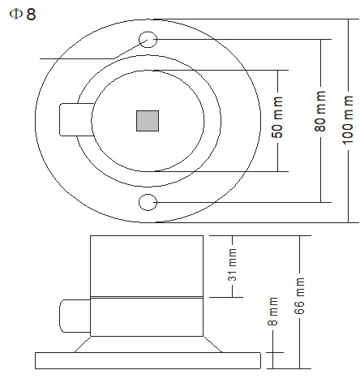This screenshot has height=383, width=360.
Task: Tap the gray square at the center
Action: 147,120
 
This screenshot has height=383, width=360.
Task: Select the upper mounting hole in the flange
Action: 148,39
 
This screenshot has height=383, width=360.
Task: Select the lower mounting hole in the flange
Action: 148,201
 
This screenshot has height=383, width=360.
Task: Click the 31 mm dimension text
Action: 233,265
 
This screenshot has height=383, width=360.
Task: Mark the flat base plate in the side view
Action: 146,359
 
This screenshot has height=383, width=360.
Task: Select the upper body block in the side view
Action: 146,265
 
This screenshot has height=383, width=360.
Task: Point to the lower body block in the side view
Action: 146,316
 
